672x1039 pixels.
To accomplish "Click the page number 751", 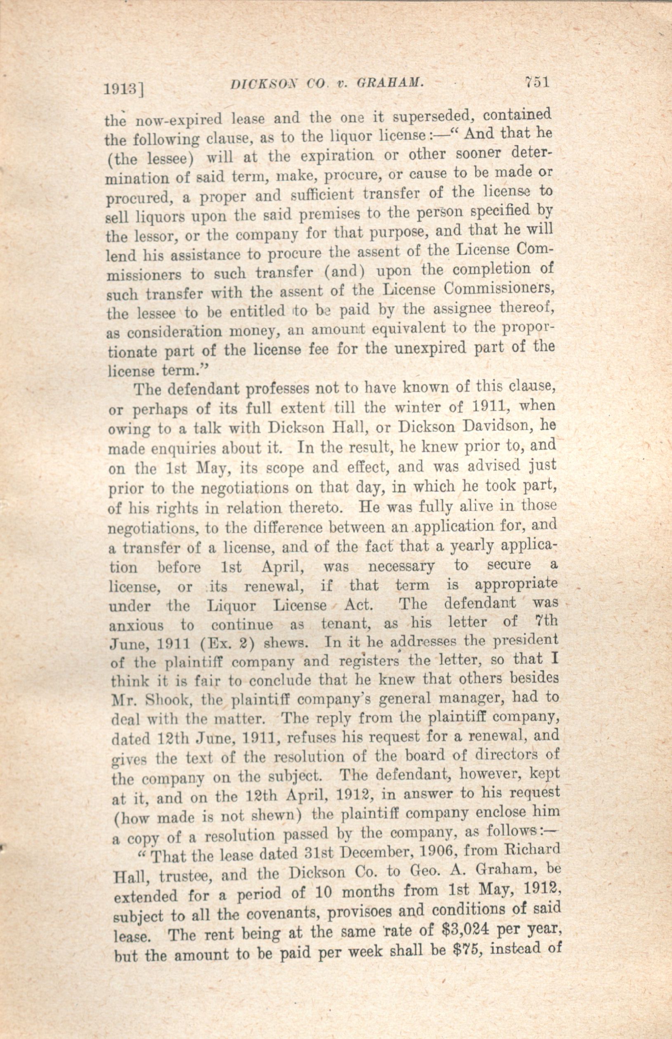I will pos(536,82).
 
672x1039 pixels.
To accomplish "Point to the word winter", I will pos(417,406).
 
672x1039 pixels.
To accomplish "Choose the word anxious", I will pos(136,625).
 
